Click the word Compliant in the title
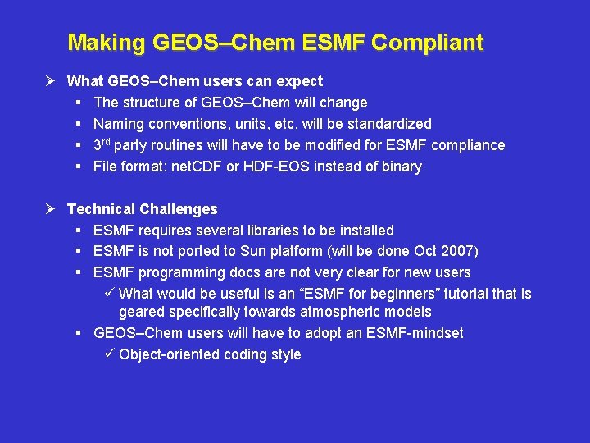point(427,42)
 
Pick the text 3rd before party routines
point(102,144)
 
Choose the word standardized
point(389,124)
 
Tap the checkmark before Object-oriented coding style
point(111,354)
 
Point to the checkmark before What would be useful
point(111,294)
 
